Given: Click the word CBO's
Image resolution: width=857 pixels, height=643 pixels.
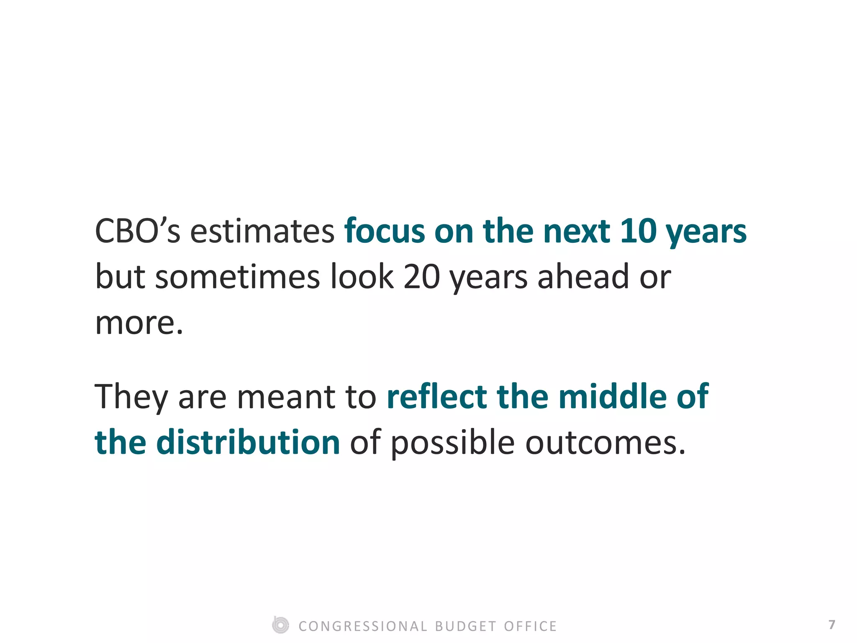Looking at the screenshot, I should pyautogui.click(x=138, y=231).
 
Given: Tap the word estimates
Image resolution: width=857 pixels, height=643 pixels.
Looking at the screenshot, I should pyautogui.click(x=262, y=231).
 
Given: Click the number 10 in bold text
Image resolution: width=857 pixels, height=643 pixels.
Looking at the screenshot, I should pyautogui.click(x=638, y=231).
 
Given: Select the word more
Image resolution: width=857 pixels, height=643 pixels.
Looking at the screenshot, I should pyautogui.click(x=139, y=323).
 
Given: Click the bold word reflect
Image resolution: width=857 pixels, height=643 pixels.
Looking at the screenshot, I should pyautogui.click(x=436, y=397).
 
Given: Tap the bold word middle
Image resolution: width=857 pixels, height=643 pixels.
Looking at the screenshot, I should pyautogui.click(x=613, y=397).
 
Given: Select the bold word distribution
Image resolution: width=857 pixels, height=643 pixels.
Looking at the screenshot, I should pyautogui.click(x=248, y=443).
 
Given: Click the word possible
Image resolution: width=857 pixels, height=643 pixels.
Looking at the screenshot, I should pyautogui.click(x=452, y=443).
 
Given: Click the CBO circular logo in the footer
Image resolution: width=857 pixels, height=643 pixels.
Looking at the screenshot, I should pyautogui.click(x=280, y=625).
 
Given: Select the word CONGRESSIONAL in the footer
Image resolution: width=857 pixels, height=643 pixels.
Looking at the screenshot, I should pyautogui.click(x=363, y=626).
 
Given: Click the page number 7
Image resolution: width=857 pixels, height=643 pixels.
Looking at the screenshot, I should pyautogui.click(x=831, y=625).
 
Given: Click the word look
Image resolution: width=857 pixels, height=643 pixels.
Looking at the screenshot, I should pyautogui.click(x=362, y=277).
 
